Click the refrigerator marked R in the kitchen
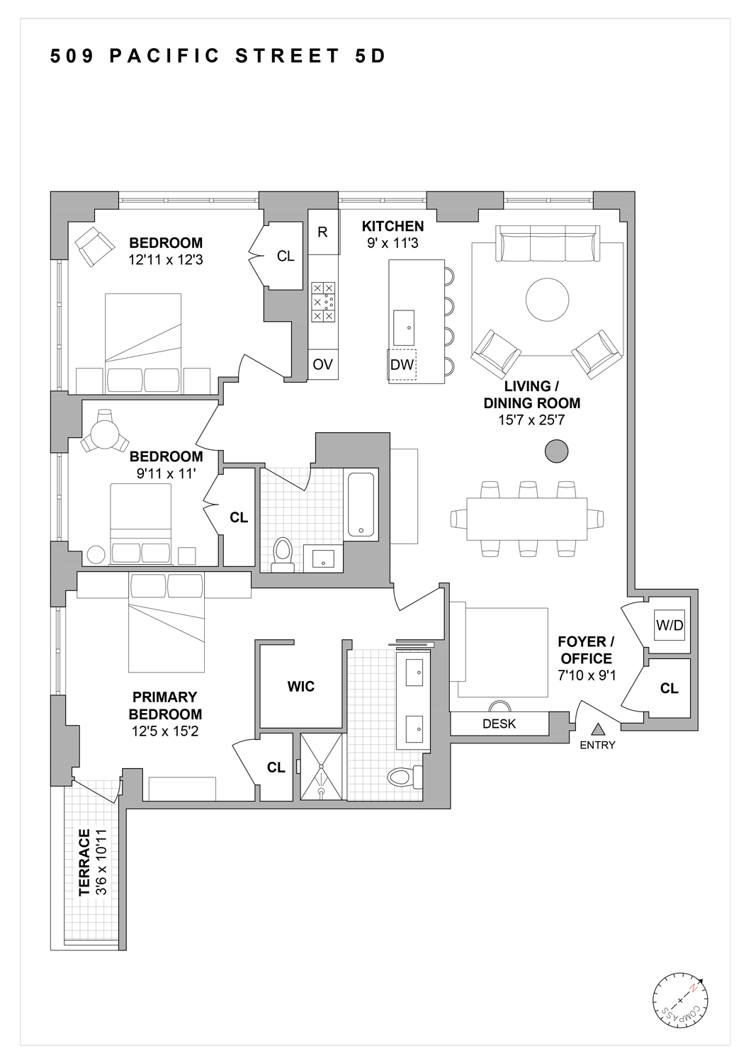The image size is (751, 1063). [x=323, y=232]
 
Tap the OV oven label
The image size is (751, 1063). [x=322, y=364]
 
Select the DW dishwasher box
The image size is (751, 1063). [x=402, y=364]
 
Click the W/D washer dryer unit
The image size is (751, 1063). [x=670, y=625]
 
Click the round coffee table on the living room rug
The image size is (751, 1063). [x=547, y=300]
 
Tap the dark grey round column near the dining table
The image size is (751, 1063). [x=556, y=451]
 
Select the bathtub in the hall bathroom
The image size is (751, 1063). [x=361, y=505]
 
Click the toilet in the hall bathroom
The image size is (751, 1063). [x=283, y=554]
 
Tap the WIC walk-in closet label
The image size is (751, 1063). [x=301, y=686]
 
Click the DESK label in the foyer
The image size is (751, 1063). [x=499, y=724]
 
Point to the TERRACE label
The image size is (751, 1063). [x=84, y=862]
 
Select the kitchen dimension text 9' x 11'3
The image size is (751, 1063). [x=393, y=244]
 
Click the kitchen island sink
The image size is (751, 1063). [x=404, y=327]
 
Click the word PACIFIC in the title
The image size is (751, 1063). [x=165, y=56]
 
